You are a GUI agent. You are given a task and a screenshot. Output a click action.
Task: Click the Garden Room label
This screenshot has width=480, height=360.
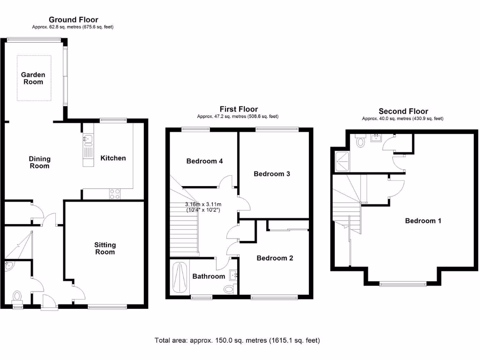point(33,78)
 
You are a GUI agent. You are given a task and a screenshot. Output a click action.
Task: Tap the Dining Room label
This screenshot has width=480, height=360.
point(39,163)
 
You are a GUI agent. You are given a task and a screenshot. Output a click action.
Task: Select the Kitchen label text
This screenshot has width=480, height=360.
point(113,158)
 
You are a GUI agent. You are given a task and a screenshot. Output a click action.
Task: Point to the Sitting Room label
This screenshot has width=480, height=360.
point(105,248)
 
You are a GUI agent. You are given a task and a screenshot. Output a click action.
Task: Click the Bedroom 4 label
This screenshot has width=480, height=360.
point(204,161)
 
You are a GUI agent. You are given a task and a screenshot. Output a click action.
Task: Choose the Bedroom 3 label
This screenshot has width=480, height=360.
point(272,174)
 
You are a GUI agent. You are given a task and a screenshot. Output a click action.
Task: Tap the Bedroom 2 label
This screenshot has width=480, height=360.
point(275,258)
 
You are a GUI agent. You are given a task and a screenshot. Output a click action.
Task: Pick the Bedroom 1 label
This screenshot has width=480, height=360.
point(423,221)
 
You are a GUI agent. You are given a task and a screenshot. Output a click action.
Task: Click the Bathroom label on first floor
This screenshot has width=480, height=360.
point(209,277)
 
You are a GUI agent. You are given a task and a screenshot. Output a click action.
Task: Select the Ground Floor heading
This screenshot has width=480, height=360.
point(74,20)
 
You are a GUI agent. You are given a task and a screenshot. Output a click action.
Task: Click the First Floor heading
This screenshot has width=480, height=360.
point(239,109)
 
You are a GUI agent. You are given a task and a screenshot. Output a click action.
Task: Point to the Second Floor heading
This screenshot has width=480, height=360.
point(403,112)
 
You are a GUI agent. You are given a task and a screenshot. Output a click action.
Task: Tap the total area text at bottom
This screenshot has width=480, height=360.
point(237,340)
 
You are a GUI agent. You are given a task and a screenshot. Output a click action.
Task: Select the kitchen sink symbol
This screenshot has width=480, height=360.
point(88,139)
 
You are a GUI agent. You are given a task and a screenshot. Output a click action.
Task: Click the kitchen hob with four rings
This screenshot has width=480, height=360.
point(115,194)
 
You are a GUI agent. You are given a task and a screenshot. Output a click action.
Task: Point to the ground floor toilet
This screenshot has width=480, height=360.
point(17,297)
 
